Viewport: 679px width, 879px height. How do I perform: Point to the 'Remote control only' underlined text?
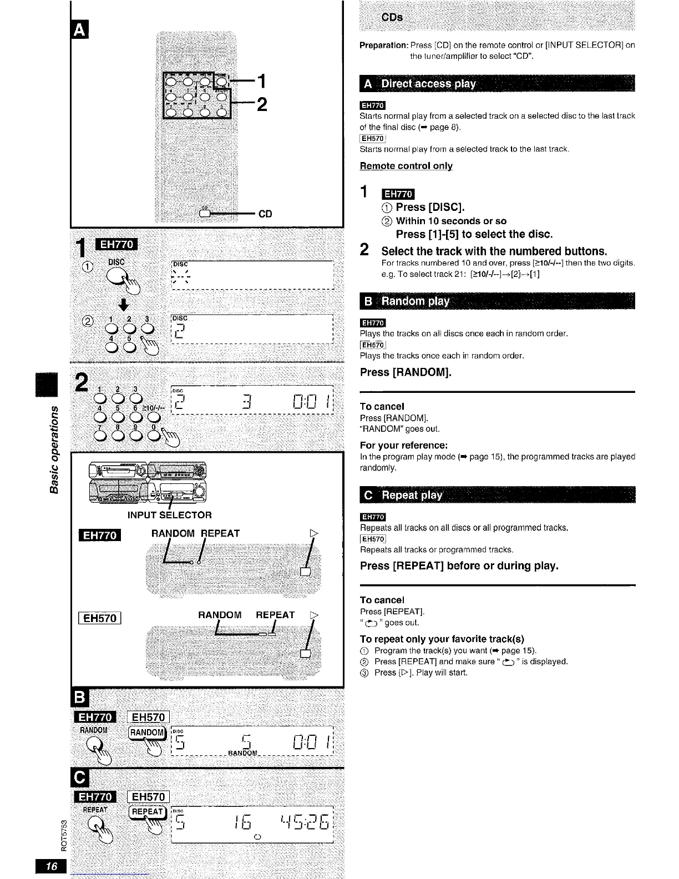406,166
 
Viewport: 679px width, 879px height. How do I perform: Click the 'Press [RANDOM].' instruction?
406,372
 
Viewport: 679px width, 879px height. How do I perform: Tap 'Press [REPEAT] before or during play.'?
459,566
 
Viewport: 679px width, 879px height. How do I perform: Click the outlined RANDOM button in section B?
147,732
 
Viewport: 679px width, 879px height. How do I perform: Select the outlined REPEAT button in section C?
147,812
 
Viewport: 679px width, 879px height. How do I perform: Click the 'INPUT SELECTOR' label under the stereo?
169,515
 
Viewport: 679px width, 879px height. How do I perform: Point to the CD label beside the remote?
265,214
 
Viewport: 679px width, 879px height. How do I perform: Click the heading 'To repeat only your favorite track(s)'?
442,639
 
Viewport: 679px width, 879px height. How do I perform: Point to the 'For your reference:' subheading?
403,446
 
